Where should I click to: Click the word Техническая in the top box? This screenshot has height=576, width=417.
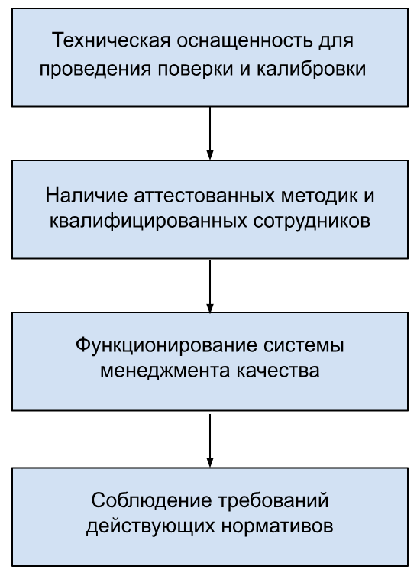[111, 40]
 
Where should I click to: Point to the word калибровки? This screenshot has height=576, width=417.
[311, 69]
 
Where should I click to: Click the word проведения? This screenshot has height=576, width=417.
[95, 69]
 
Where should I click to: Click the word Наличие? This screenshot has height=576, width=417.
[87, 195]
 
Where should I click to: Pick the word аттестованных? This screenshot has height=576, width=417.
[204, 195]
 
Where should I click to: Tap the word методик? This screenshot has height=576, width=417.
[319, 195]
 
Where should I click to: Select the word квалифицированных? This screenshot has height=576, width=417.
[148, 221]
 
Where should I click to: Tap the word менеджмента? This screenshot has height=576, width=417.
[165, 371]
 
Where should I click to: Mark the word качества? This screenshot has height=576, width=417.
[278, 371]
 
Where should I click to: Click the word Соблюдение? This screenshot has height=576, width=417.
[152, 500]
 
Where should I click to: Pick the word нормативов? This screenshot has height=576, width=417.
[277, 526]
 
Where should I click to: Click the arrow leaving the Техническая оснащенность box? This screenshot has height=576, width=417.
[210, 134]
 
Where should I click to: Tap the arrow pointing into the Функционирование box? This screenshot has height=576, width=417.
[210, 286]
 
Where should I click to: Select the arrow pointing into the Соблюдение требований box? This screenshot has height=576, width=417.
[210, 441]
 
